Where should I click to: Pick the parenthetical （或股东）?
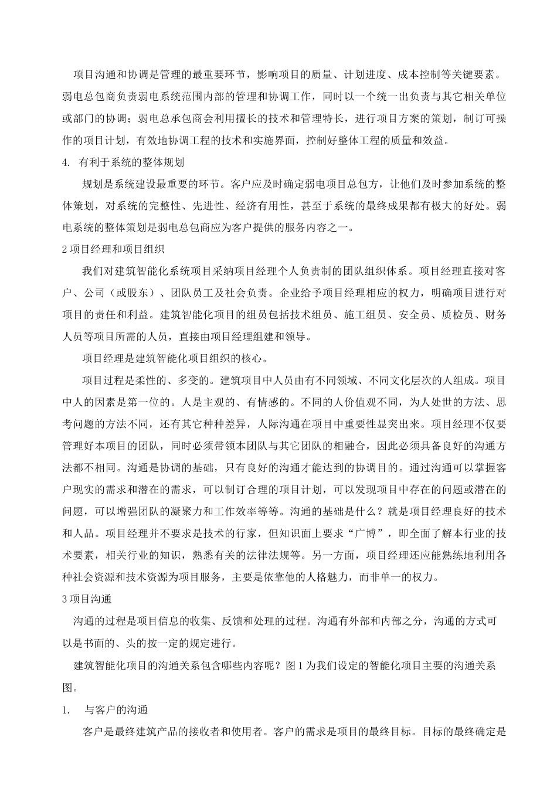pyautogui.click(x=128, y=292)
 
